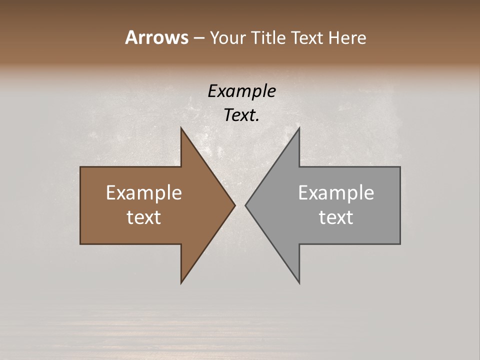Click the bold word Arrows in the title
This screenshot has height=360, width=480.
coord(156,37)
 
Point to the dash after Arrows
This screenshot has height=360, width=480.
coord(198,38)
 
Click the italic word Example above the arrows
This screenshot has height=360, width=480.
coord(241,92)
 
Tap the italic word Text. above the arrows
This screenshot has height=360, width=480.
coord(241,115)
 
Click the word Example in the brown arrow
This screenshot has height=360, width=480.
coord(144,193)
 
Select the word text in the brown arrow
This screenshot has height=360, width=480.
coord(144,217)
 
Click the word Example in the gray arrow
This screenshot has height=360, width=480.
coord(336,193)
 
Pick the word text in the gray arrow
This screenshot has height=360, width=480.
coord(336,217)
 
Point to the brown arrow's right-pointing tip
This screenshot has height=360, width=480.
coord(234,205)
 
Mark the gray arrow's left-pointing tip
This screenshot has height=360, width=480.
coord(246,205)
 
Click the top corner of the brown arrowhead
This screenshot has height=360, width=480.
coord(181,128)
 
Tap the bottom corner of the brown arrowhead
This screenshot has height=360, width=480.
coord(181,283)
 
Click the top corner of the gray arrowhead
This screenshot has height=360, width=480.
coord(299,128)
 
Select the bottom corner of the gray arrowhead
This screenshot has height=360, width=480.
coord(299,283)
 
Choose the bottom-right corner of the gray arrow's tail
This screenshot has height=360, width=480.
coord(400,244)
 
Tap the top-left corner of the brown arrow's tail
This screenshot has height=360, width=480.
coord(80,167)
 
